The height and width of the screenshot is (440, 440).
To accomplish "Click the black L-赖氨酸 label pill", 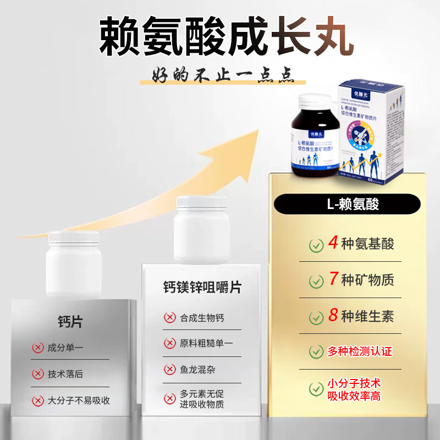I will coord(353,205).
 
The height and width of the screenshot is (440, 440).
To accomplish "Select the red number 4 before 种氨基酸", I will coord(333,243).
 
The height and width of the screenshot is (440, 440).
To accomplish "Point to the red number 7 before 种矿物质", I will coord(333,279).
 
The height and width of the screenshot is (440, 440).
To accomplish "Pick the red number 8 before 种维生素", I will coord(333,316).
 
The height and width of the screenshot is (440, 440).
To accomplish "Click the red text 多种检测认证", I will coord(360,351).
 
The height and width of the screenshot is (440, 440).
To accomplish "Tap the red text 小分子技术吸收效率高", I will coord(354,389).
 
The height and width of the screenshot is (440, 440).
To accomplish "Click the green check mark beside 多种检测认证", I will coord(316,352).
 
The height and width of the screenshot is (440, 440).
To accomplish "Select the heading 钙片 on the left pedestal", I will coord(70,322).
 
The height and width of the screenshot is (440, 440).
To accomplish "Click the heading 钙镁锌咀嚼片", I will coord(202,287).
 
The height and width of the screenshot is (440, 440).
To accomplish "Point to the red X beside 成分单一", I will coord(38,348).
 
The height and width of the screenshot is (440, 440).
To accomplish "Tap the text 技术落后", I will coord(65,374).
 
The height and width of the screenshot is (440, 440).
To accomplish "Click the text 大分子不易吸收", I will coord(79,400).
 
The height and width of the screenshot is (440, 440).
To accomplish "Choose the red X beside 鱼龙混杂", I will coord(170,370).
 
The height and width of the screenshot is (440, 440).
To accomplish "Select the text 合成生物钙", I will coord(202,318).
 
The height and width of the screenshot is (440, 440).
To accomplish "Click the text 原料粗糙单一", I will coord(206,343).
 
